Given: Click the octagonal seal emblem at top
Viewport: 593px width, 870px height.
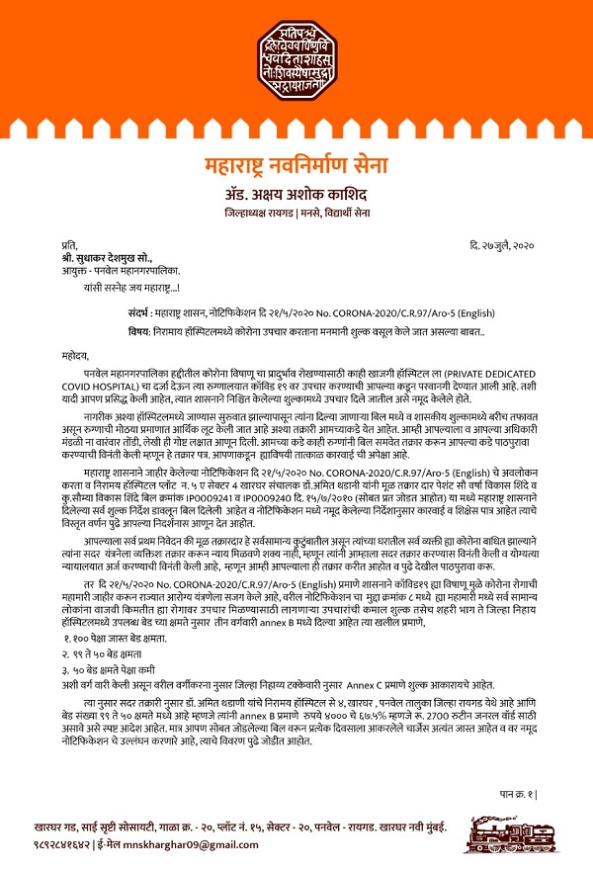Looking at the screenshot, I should click(x=297, y=54).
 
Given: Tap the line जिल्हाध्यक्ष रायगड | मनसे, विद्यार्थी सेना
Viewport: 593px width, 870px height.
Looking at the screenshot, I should click(x=296, y=213).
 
